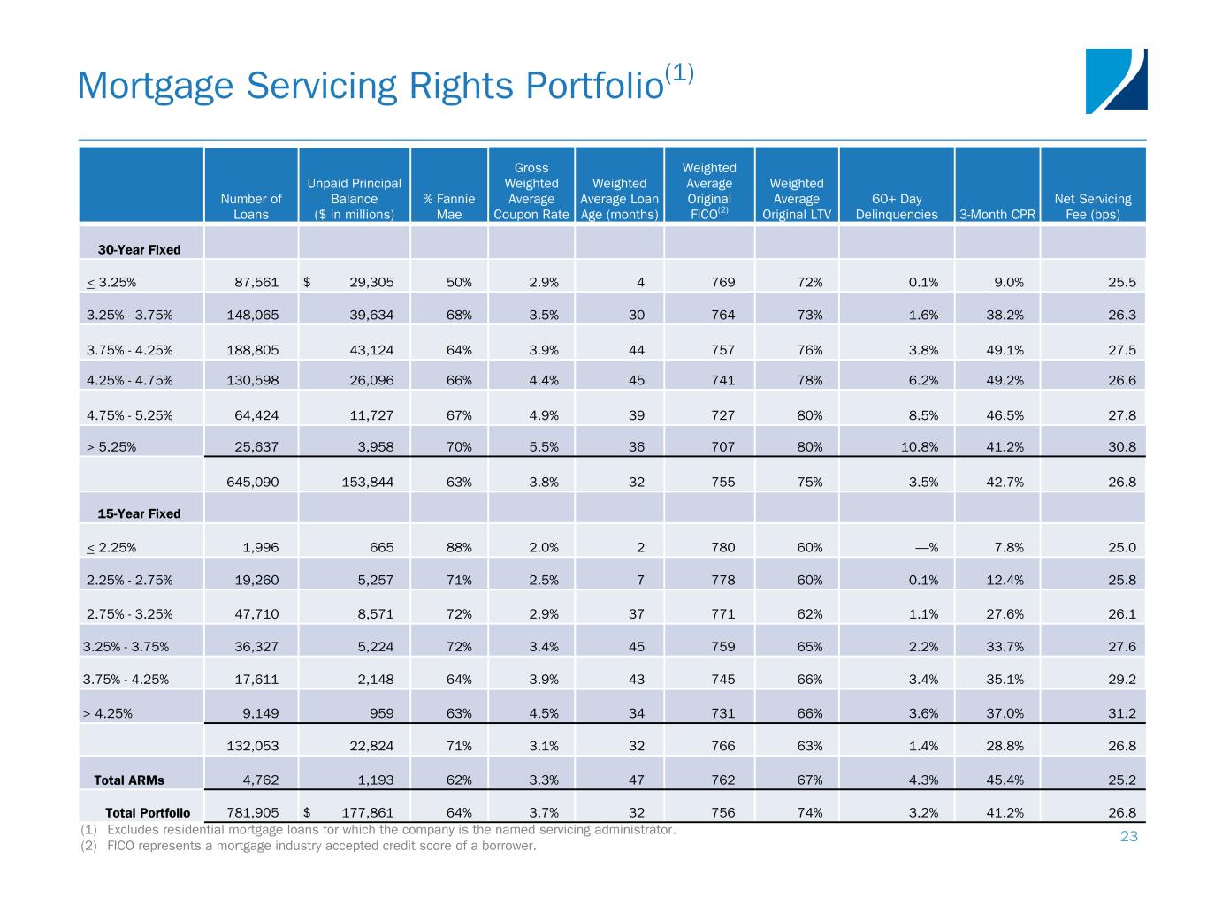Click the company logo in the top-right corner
[1116, 80]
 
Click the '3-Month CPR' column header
[997, 215]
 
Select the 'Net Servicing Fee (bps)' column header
[1092, 207]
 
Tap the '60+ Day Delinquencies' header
[897, 207]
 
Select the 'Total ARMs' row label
[129, 780]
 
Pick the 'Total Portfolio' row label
[148, 813]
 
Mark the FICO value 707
[722, 447]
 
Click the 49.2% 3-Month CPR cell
[1005, 381]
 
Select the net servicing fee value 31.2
[1122, 714]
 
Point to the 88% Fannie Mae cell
[458, 548]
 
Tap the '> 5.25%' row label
[111, 447]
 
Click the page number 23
[1128, 837]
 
